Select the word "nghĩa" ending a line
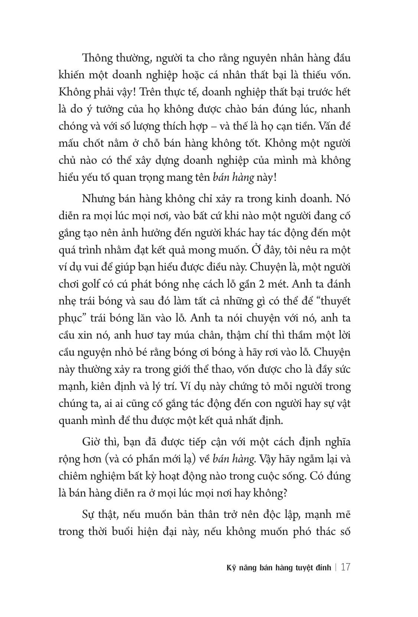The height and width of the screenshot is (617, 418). [x=336, y=443]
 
